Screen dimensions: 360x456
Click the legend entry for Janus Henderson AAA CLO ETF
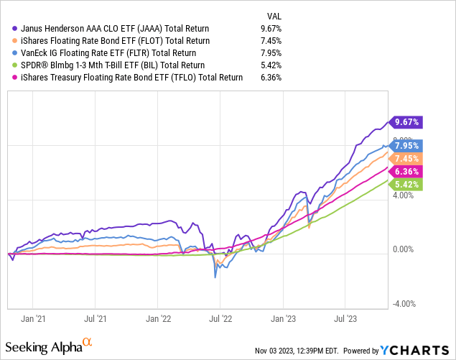(x=116, y=27)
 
